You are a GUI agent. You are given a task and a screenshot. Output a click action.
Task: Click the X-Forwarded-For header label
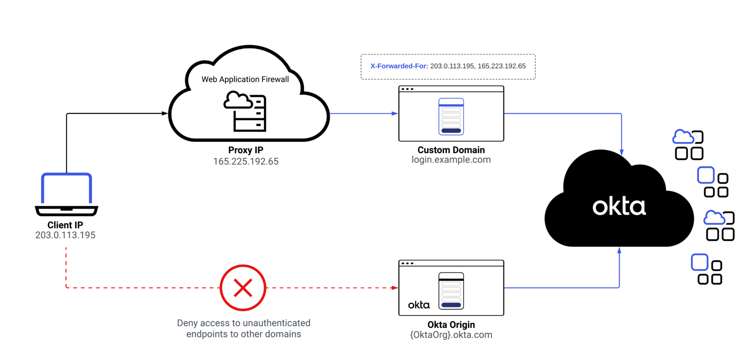399,66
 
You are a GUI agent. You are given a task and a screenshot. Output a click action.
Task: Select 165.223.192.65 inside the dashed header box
501,66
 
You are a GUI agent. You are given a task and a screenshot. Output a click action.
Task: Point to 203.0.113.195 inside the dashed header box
452,66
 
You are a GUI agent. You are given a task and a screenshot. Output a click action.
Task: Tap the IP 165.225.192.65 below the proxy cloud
246,161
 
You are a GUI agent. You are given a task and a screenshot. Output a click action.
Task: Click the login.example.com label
451,160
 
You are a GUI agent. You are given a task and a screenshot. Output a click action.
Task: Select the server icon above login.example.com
451,117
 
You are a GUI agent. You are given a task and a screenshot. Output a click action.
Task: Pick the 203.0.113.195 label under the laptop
66,235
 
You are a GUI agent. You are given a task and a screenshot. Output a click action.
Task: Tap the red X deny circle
243,288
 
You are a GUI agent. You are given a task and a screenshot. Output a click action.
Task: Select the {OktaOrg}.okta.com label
451,335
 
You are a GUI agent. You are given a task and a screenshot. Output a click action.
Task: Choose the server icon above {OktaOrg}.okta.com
451,291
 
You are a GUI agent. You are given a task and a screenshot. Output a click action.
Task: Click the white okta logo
619,207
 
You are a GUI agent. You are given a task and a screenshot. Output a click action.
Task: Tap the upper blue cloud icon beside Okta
683,137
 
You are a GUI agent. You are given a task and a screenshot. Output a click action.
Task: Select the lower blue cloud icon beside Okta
714,218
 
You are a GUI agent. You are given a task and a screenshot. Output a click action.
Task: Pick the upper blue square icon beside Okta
706,175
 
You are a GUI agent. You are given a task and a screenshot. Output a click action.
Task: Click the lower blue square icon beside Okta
700,262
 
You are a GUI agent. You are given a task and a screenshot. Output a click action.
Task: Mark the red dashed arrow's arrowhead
395,288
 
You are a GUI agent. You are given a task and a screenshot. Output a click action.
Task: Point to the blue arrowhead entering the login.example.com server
395,113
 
